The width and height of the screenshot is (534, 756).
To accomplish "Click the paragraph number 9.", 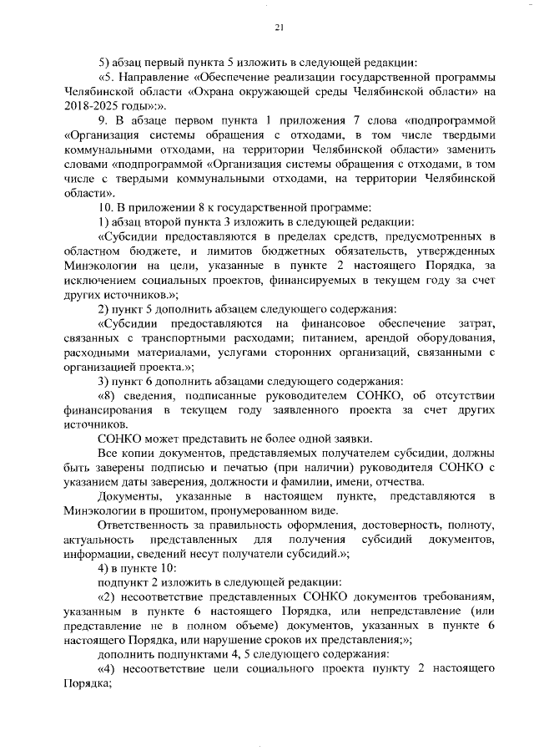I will (x=103, y=122).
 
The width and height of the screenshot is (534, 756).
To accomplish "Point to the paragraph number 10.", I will (x=106, y=207).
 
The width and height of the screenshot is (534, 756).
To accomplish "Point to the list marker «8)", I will (x=108, y=396).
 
